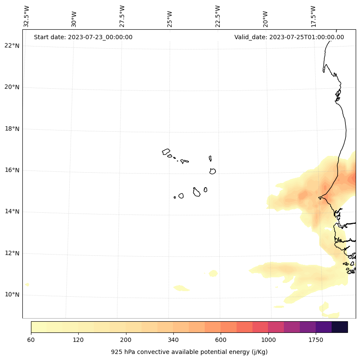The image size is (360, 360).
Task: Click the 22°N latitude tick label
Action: [x=12, y=46]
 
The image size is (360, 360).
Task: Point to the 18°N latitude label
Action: [x=12, y=129]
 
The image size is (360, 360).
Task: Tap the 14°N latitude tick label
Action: [x=12, y=211]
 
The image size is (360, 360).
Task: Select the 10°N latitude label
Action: [x=12, y=295]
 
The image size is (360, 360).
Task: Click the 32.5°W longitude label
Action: [x=27, y=16]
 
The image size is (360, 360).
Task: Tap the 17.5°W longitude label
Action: [x=313, y=16]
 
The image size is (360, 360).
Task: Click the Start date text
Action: [x=83, y=37]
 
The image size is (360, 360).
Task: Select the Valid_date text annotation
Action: [x=289, y=37]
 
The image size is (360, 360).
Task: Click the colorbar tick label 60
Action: [x=31, y=340]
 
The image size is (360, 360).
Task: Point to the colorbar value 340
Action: [x=173, y=340]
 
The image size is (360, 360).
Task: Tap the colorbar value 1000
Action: [x=268, y=340]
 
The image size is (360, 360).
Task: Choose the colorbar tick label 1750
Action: [x=316, y=340]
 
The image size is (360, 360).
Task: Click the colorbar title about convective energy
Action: [x=189, y=352]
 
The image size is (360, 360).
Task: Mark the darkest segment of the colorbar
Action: [x=340, y=327]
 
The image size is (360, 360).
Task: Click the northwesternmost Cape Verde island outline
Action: [x=166, y=152]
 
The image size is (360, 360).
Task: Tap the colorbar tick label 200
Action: [x=126, y=340]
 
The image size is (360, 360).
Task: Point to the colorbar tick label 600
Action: [x=221, y=340]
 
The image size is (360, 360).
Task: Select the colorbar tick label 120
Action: [x=78, y=340]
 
